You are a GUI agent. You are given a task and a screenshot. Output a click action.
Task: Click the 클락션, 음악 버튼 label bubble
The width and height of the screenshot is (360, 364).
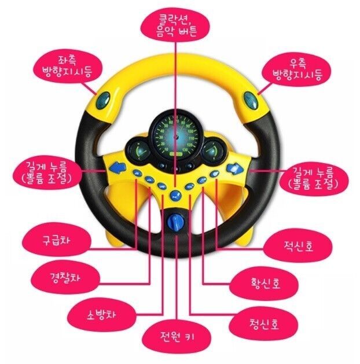(175, 25)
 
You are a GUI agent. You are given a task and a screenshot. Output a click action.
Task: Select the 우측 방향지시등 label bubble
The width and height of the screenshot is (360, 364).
(296, 69)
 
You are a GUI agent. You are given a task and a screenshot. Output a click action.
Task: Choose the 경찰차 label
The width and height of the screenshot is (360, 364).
(65, 277)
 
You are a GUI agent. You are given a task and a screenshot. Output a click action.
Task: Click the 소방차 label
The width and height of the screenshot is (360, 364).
(102, 315)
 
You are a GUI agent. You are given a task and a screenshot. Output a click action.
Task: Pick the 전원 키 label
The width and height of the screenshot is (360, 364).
(177, 337)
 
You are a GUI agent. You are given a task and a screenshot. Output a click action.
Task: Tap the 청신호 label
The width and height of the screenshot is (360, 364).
(263, 323)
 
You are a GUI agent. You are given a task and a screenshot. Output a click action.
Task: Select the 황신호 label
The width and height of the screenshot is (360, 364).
(264, 283)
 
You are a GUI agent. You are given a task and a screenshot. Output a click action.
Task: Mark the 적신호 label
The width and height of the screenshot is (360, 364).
(298, 246)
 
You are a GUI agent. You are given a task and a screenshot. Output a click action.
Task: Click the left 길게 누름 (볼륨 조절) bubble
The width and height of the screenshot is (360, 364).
(48, 172)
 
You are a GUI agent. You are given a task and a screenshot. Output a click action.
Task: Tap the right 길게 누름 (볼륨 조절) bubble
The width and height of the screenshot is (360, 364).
(314, 178)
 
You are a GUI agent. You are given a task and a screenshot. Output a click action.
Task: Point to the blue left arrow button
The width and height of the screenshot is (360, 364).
(117, 168)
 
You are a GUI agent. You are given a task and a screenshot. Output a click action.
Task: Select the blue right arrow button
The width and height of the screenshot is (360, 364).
(235, 169)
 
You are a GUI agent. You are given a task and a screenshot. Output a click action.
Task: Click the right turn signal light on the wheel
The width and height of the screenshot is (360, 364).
(250, 100)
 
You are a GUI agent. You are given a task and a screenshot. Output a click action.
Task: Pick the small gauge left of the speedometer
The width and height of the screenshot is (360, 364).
(139, 150)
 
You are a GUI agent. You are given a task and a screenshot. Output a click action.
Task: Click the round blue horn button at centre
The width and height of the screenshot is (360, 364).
(175, 195)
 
